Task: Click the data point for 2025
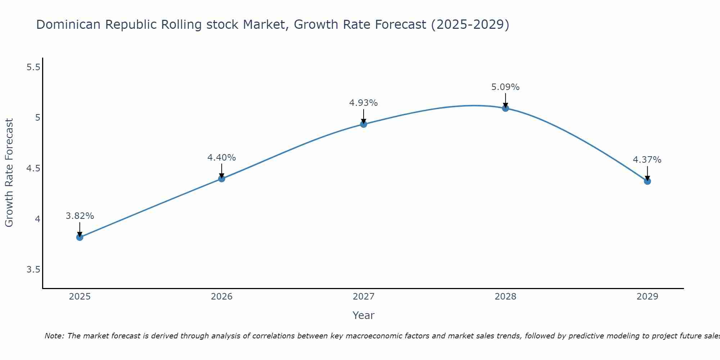click(80, 237)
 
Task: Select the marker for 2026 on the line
click(222, 179)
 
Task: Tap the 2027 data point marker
click(364, 124)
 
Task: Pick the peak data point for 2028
click(505, 108)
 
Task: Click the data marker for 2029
click(647, 181)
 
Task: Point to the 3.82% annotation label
click(80, 216)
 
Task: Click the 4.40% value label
click(222, 158)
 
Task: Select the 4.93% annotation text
click(364, 103)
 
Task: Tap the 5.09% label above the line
click(505, 87)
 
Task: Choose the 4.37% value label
click(647, 160)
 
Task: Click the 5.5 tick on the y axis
click(33, 67)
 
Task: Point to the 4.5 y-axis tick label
click(33, 168)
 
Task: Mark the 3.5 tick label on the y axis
click(33, 270)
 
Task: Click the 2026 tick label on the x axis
click(222, 297)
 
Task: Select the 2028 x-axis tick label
click(505, 297)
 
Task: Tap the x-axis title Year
click(364, 315)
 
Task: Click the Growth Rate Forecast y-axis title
click(9, 173)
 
